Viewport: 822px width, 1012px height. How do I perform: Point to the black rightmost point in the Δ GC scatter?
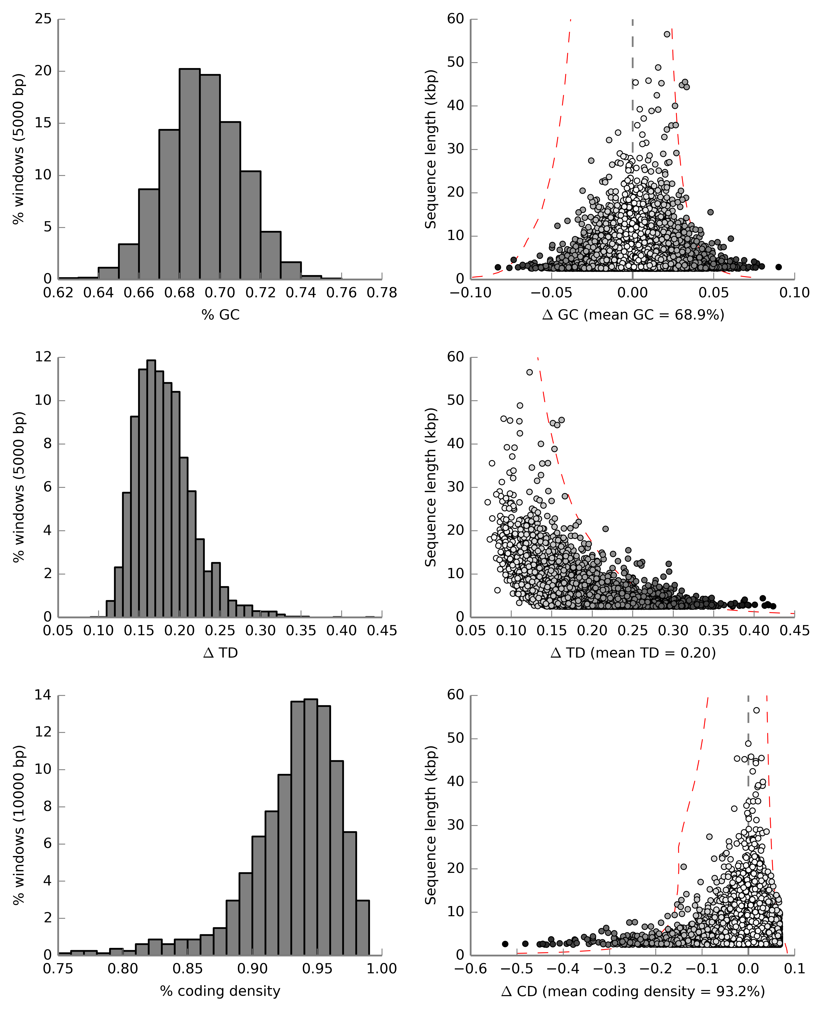[778, 267]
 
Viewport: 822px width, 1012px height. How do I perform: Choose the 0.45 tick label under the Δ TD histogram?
[382, 631]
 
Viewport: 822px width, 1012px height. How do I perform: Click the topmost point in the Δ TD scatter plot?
[529, 372]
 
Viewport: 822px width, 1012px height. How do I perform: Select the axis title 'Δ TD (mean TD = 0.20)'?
[633, 653]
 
